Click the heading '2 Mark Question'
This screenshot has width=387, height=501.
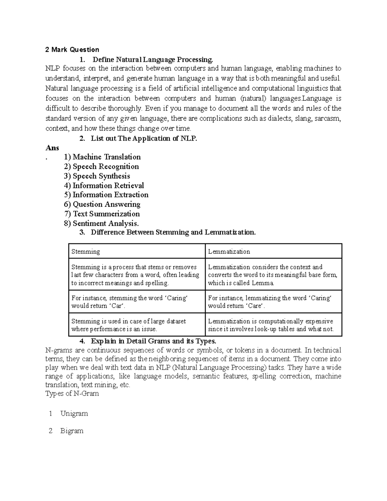[x=72, y=50]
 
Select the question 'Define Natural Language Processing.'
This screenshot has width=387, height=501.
[x=153, y=60]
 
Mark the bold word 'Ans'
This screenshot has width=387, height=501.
[x=52, y=148]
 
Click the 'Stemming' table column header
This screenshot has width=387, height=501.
[x=85, y=252]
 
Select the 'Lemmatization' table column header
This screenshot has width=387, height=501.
[x=229, y=252]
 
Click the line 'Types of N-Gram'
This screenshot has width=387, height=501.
[x=72, y=394]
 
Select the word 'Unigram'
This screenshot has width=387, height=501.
[x=74, y=414]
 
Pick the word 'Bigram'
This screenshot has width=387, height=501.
[x=72, y=431]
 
